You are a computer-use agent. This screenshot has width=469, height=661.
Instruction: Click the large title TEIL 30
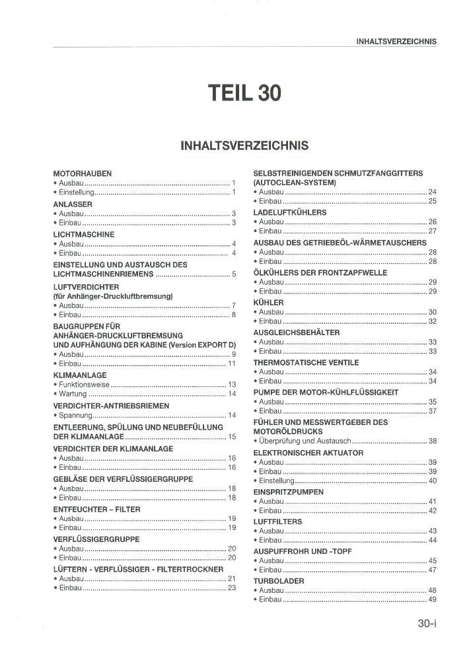point(244,93)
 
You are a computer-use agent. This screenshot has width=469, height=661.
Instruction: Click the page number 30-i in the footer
point(427,623)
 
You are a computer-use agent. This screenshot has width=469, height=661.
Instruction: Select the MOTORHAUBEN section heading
point(82,173)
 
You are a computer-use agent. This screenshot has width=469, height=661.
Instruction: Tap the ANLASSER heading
point(73,204)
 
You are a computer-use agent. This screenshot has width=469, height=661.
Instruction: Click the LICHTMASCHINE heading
point(84,234)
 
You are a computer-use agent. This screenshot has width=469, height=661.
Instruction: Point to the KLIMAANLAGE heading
point(79,375)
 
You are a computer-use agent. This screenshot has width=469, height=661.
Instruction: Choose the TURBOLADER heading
point(279,581)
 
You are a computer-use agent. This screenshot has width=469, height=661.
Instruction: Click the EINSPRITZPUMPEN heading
point(288,492)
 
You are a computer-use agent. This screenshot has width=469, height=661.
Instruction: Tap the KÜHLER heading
point(268,302)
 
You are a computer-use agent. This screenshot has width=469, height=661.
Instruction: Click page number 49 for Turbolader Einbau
point(433,600)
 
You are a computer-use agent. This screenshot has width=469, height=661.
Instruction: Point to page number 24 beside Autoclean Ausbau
point(433,192)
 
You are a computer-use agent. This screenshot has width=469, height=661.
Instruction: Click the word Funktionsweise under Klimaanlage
point(84,384)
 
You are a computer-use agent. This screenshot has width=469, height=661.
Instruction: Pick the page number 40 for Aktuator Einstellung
point(433,481)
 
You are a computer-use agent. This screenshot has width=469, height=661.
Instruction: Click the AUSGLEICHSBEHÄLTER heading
point(297,332)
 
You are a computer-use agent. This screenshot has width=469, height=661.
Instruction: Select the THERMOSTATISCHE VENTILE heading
point(307,362)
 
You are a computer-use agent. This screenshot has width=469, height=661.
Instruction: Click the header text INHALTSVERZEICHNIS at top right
point(396,41)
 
